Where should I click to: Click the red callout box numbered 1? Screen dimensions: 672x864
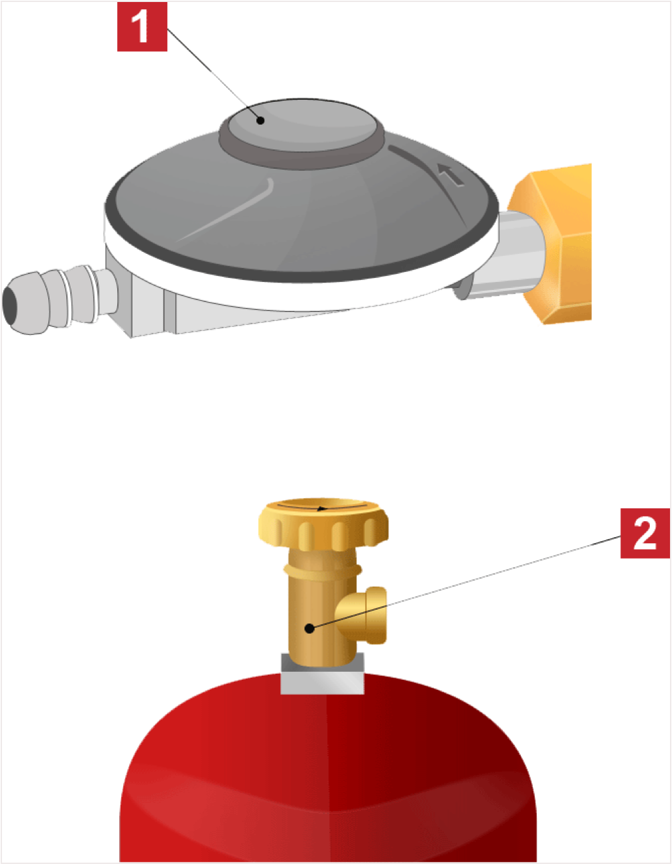[142, 27]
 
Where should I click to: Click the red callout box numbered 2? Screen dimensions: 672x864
[645, 532]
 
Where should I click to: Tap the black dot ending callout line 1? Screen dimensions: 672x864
[260, 120]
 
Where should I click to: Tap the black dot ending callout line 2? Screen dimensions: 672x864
[309, 629]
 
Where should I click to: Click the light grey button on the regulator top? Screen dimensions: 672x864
[302, 125]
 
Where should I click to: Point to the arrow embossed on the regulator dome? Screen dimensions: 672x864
[450, 174]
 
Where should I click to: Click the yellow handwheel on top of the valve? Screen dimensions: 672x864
[323, 524]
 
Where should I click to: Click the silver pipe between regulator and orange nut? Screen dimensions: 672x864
[510, 255]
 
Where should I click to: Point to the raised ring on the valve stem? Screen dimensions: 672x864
[323, 570]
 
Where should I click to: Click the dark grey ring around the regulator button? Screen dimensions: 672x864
[302, 159]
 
